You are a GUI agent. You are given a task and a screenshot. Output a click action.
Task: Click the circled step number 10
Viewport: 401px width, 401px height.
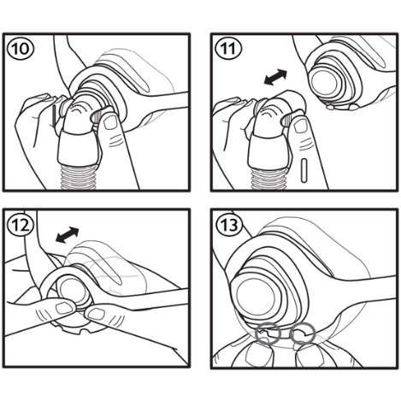point(21,49)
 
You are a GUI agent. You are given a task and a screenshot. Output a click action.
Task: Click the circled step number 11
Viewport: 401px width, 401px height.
point(228,49)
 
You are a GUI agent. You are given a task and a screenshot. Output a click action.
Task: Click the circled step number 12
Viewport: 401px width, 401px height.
point(21,225)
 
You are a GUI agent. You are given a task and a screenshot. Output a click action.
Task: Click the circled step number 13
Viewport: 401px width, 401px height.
point(228,225)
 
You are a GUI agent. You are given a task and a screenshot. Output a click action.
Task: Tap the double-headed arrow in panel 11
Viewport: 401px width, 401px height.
point(275,77)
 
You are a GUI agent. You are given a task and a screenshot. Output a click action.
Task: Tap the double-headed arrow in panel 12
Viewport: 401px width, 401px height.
point(67,235)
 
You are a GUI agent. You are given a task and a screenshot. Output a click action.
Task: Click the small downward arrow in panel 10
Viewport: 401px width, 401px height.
point(54,116)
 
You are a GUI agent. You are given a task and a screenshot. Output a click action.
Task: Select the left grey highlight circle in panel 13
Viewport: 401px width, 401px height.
point(268,333)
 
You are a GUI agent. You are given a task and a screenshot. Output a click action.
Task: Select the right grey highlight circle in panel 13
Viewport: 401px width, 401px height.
point(303,333)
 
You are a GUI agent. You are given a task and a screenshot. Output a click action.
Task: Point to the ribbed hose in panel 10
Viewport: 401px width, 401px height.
point(79,177)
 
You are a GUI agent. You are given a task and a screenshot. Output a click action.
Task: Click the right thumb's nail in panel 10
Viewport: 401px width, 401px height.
point(110,123)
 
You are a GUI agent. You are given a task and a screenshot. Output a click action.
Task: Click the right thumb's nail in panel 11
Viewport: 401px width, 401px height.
point(300,126)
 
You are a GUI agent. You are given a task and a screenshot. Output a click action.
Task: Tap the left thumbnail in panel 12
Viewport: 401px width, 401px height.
point(64,308)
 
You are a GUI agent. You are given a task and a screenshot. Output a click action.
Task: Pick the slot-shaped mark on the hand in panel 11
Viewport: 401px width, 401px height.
point(304,170)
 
